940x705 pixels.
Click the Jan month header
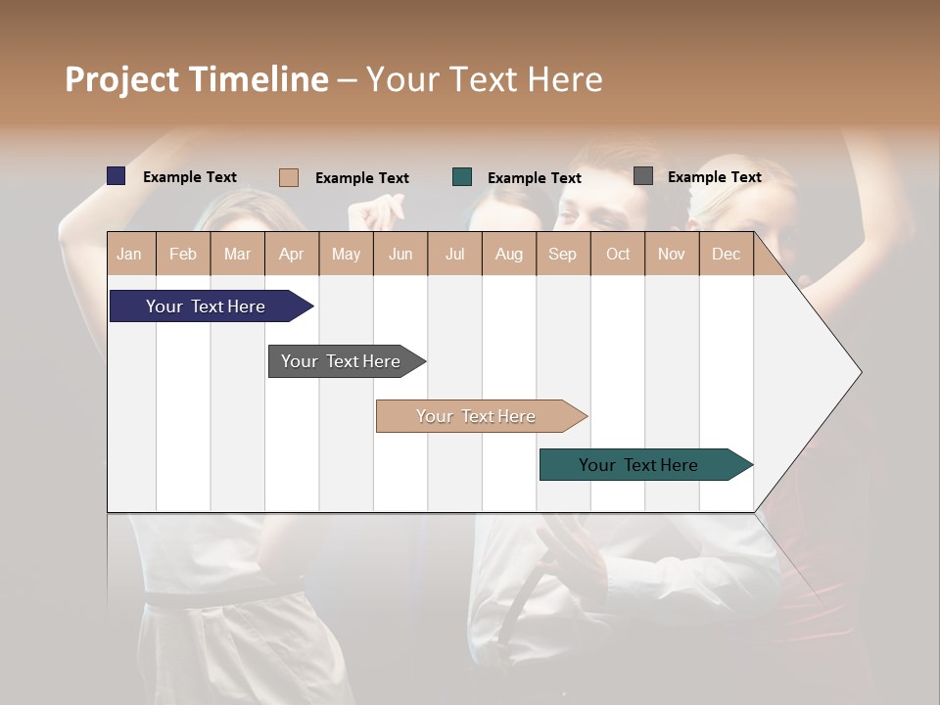[129, 254]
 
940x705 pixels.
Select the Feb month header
[183, 254]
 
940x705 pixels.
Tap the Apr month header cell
[291, 254]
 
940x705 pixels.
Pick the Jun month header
[400, 254]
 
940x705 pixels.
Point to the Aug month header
[508, 254]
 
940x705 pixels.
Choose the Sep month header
[562, 254]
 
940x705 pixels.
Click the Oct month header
[618, 254]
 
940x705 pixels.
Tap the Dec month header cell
[726, 254]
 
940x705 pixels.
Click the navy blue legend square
[117, 176]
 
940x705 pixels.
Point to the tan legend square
[289, 177]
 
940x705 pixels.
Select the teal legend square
[462, 177]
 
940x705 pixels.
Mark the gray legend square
[643, 176]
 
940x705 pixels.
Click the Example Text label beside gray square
[714, 177]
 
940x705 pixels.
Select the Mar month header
[237, 254]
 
